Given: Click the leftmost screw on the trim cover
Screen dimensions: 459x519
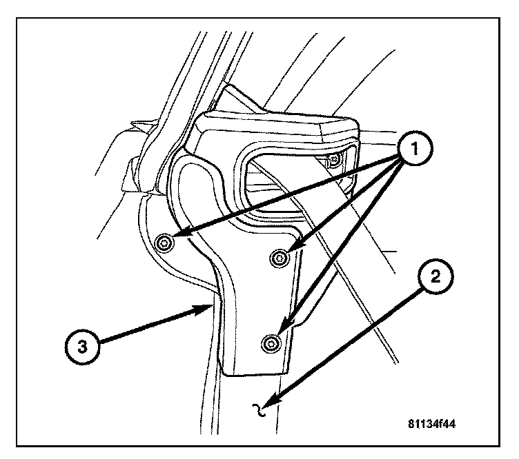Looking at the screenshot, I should [164, 242].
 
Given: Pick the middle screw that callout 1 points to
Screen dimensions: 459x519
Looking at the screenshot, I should [280, 258].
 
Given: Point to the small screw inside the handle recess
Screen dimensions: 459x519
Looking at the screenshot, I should [333, 161].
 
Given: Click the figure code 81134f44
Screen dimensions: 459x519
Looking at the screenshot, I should [431, 424].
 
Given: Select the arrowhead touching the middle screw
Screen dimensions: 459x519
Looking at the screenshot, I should [290, 252].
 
